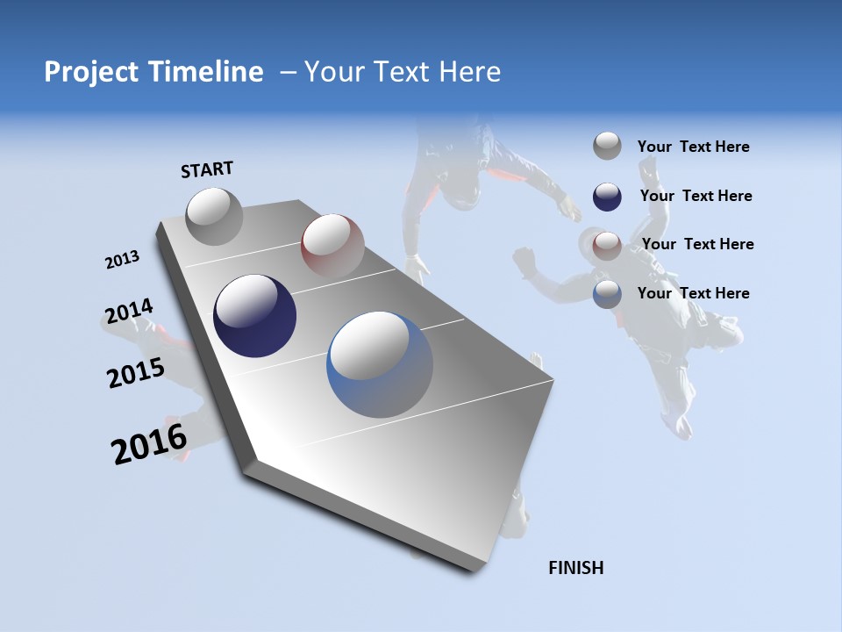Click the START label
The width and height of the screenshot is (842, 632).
(207, 169)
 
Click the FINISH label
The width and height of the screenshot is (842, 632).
(575, 568)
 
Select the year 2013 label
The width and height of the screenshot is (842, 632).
(122, 260)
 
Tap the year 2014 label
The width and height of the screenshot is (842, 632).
(129, 312)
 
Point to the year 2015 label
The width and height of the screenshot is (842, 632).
(136, 373)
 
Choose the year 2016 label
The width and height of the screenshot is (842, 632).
(149, 444)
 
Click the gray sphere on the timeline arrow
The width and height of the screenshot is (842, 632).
(214, 216)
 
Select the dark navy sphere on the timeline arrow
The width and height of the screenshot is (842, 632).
(254, 316)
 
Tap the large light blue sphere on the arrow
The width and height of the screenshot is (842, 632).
(380, 364)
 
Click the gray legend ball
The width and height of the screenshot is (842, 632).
(607, 146)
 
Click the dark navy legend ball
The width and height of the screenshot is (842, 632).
(607, 196)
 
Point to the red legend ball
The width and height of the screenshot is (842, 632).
(607, 244)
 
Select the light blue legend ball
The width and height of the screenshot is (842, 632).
(607, 293)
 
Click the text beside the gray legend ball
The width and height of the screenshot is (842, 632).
(693, 147)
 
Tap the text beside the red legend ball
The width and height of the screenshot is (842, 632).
(697, 244)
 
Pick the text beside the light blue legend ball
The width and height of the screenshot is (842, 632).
(693, 293)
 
